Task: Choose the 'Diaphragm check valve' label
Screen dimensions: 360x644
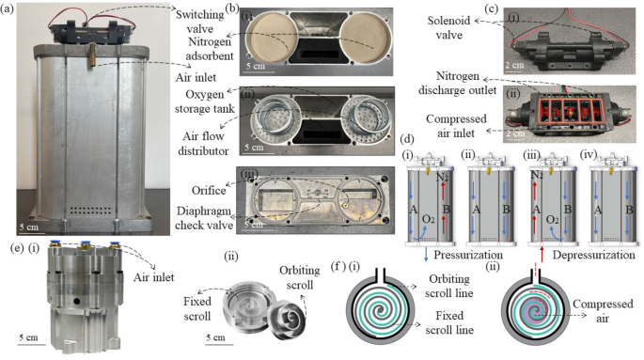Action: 193,216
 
